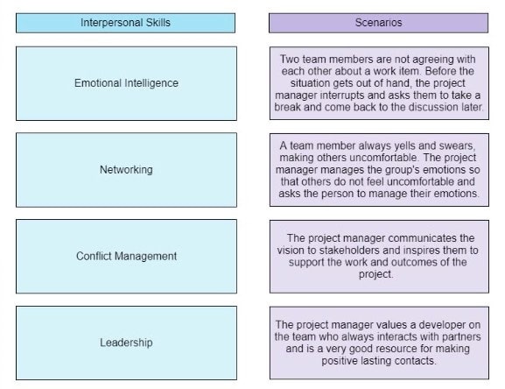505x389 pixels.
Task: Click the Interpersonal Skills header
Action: pyautogui.click(x=125, y=23)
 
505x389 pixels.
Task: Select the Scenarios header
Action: pyautogui.click(x=378, y=23)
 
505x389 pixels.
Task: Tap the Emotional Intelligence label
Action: pyautogui.click(x=126, y=83)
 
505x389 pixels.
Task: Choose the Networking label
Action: pyautogui.click(x=126, y=169)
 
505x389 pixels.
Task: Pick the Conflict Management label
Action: pyautogui.click(x=126, y=256)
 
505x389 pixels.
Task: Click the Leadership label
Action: pyautogui.click(x=126, y=343)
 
